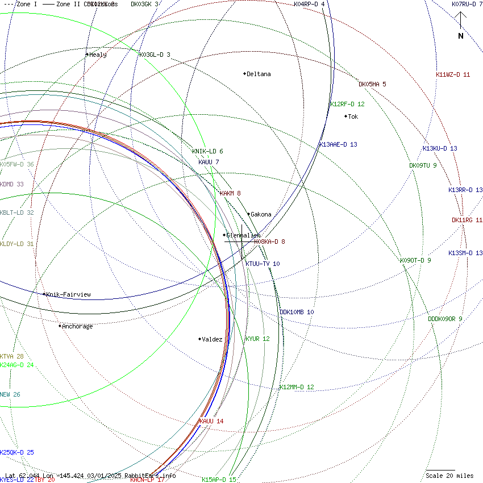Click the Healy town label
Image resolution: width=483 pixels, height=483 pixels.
coord(98,55)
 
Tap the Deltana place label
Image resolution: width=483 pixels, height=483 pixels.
coord(259,74)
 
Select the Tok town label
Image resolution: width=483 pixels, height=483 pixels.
coord(353,116)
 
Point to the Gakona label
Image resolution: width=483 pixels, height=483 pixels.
coord(261,214)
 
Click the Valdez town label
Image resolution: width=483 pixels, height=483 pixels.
coord(212,339)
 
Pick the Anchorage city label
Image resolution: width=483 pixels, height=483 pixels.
coord(77,326)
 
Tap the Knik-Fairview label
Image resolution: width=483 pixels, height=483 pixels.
coord(68,294)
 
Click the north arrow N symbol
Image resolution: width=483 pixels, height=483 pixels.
coord(461,36)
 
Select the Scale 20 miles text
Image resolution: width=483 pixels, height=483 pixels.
coord(449,476)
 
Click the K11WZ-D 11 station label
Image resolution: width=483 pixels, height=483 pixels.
coord(453,74)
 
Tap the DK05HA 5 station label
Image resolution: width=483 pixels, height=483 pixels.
coord(372,84)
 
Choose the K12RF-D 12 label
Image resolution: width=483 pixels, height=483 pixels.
coord(347,104)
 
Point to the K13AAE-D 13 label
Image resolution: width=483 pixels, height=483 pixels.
coord(338,144)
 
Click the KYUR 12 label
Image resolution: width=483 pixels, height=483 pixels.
coord(257,339)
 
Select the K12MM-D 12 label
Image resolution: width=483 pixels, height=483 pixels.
coord(296,387)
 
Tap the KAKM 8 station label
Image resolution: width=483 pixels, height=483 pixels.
coord(230,193)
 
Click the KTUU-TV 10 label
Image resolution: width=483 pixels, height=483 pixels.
coord(263,264)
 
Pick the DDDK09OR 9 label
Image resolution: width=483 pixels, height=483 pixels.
coord(445,319)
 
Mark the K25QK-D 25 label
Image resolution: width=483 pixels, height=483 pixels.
coord(17,452)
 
